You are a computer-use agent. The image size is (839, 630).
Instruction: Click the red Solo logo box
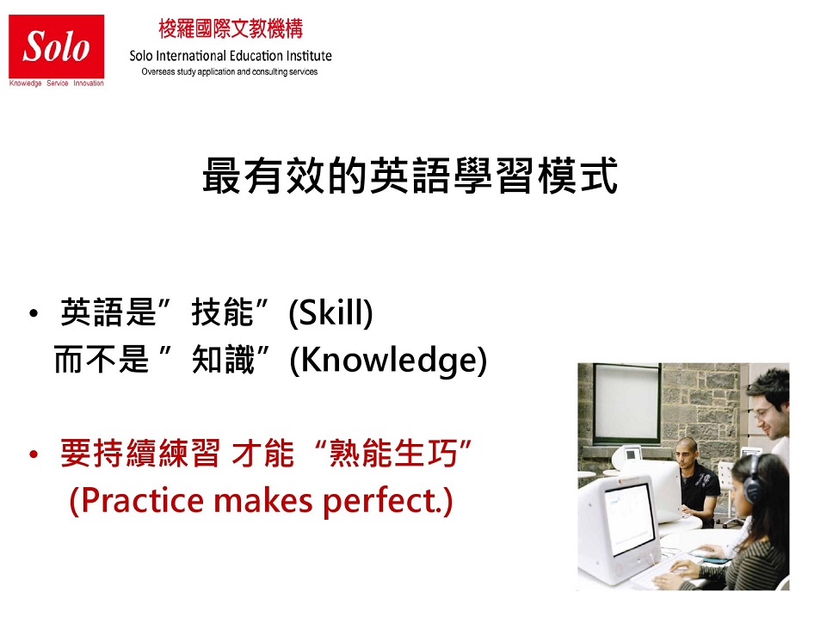tap(56, 46)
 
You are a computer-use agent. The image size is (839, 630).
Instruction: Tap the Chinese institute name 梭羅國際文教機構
tap(231, 29)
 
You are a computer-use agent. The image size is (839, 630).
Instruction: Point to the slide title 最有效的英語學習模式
tap(410, 175)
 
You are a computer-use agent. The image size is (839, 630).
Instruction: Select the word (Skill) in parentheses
tap(330, 312)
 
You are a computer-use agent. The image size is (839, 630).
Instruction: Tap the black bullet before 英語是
tap(34, 313)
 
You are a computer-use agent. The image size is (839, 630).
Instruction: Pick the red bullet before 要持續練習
tap(34, 455)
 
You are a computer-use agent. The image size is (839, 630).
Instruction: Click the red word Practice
tap(138, 501)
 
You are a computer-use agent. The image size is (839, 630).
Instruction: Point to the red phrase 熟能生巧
tap(393, 454)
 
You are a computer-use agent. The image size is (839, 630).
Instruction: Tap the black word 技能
tap(222, 312)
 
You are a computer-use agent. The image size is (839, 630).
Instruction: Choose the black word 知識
tap(223, 359)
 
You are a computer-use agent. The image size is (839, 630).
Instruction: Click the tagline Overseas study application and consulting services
tap(230, 71)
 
